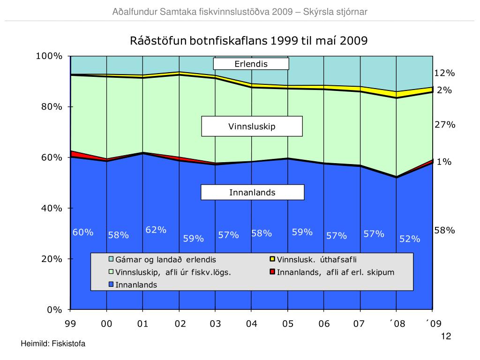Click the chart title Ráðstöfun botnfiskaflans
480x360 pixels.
[248, 41]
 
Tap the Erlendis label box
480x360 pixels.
[251, 64]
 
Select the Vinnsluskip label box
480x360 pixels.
[252, 127]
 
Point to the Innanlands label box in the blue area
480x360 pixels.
[252, 193]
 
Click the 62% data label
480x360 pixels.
[156, 230]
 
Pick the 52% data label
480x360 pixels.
[410, 239]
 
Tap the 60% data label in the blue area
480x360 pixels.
[83, 232]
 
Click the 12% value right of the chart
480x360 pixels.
[444, 73]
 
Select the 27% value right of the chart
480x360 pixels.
[444, 125]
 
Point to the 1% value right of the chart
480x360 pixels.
[444, 162]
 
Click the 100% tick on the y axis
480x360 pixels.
[49, 56]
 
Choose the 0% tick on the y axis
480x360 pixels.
[54, 309]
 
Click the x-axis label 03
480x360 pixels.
[215, 324]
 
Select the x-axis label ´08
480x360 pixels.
[396, 324]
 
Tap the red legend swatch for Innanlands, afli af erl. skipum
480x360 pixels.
[272, 272]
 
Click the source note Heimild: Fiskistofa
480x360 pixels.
[53, 344]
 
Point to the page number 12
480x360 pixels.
[446, 337]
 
